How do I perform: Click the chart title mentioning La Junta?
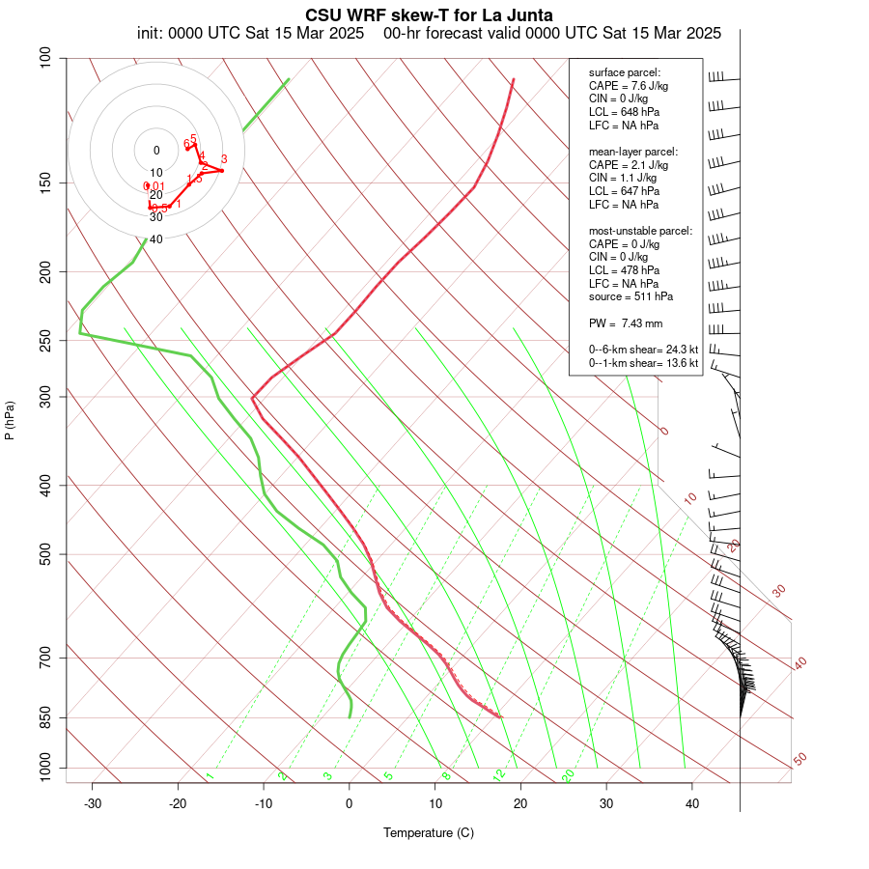coord(429,15)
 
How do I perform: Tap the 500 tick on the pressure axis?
coord(44,554)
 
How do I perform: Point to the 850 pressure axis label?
coord(44,717)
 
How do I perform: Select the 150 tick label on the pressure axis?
coord(44,182)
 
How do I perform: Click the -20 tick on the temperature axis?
coord(178,803)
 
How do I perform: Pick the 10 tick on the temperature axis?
coord(435,803)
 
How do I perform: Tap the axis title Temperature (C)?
coord(429,832)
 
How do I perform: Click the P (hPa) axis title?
coord(10,420)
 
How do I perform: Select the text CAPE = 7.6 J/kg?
coord(629,85)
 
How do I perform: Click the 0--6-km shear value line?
coord(638,350)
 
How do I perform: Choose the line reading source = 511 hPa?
coord(631,296)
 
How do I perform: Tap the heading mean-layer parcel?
coord(633,152)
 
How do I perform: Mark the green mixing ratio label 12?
coord(499,774)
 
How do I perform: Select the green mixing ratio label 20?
coord(569,774)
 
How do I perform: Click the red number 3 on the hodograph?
coord(224,159)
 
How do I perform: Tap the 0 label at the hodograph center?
coord(156,151)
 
